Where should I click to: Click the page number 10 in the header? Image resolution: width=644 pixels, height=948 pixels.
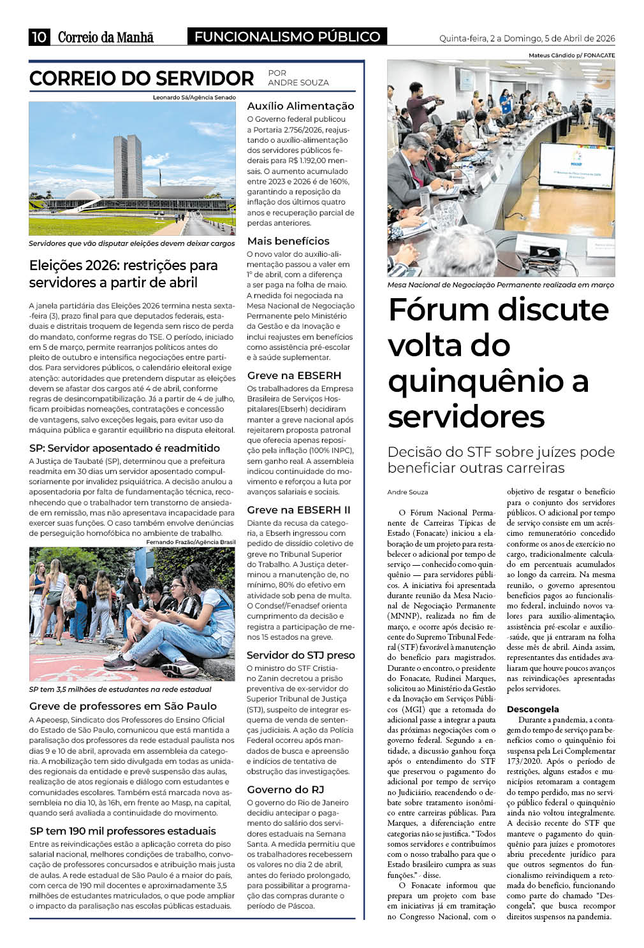[39, 37]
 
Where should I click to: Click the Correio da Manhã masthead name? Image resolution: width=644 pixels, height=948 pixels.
[106, 38]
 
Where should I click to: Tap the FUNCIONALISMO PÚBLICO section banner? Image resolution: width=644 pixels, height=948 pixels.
[287, 37]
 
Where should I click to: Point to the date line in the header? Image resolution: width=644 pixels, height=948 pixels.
[527, 38]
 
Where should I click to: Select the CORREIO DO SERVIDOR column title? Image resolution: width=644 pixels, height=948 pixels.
[142, 78]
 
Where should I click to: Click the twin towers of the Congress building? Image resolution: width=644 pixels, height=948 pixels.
[128, 167]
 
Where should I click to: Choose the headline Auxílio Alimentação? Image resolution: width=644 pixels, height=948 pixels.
[300, 106]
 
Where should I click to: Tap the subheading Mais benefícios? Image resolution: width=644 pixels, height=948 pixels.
[288, 241]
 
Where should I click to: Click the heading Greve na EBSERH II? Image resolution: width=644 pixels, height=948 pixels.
[298, 510]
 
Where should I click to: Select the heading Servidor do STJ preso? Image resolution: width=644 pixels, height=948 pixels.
[300, 655]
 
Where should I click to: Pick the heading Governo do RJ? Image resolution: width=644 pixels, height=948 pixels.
[286, 789]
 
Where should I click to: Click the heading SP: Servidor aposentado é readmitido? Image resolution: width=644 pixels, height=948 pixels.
[124, 448]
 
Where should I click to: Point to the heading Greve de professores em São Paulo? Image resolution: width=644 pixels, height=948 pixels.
[123, 706]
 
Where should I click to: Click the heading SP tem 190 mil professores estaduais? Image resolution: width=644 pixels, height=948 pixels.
[123, 831]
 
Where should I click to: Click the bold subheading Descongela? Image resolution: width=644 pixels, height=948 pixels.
[532, 709]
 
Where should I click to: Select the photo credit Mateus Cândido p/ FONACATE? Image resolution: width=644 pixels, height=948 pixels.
[571, 55]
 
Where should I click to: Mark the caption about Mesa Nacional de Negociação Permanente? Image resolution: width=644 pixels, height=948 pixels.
[501, 285]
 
